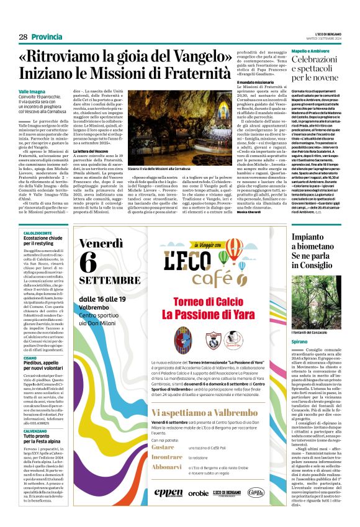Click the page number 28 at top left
23,37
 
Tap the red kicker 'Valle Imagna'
32,91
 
